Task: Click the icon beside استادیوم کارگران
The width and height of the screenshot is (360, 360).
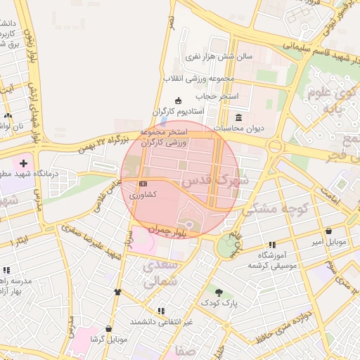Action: (178, 101)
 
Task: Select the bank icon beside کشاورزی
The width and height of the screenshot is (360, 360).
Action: (143, 184)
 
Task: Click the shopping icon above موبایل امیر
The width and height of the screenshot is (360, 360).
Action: (328, 231)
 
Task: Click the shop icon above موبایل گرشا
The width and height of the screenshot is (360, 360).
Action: (108, 328)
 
